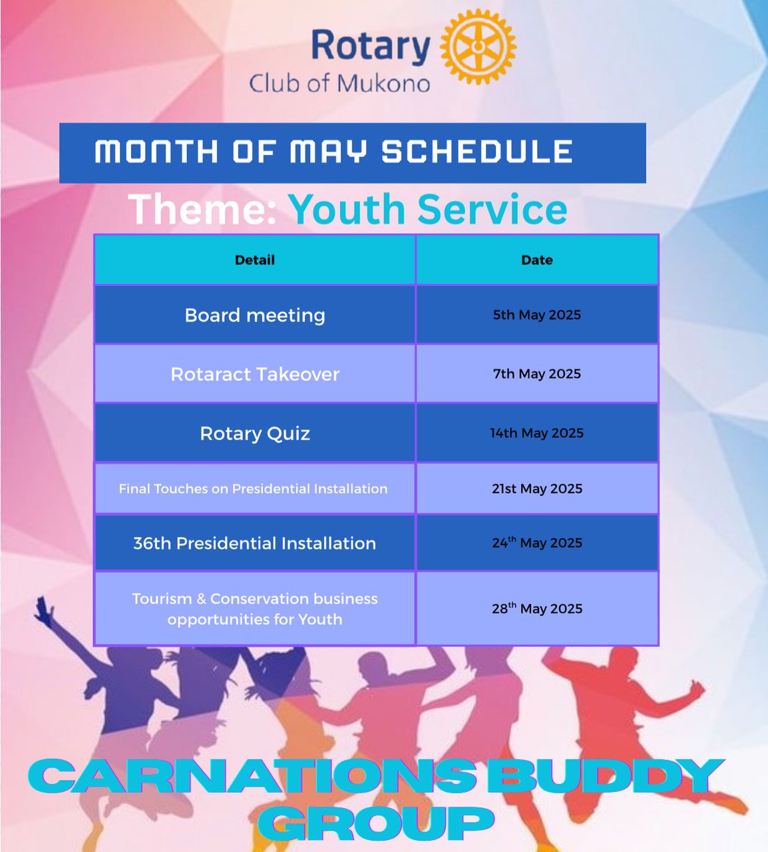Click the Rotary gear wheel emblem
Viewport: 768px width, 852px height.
click(478, 47)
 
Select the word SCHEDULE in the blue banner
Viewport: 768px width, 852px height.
click(477, 152)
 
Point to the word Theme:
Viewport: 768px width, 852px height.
click(202, 209)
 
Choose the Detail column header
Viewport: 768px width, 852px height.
click(255, 260)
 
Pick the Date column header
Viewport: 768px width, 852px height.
click(537, 260)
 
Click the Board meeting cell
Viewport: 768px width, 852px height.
click(255, 316)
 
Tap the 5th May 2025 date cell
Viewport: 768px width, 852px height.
click(537, 315)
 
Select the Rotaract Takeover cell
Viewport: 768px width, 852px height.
click(255, 374)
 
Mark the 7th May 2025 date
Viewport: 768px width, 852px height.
click(537, 374)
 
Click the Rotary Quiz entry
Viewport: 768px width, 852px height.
click(255, 433)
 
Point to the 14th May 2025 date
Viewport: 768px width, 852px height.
click(537, 433)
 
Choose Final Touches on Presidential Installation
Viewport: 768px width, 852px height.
click(253, 489)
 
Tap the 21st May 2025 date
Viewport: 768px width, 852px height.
click(537, 489)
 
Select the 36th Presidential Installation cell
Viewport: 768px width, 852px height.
click(255, 543)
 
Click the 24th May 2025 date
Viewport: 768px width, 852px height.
click(537, 542)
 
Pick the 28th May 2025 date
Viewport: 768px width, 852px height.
click(537, 608)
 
